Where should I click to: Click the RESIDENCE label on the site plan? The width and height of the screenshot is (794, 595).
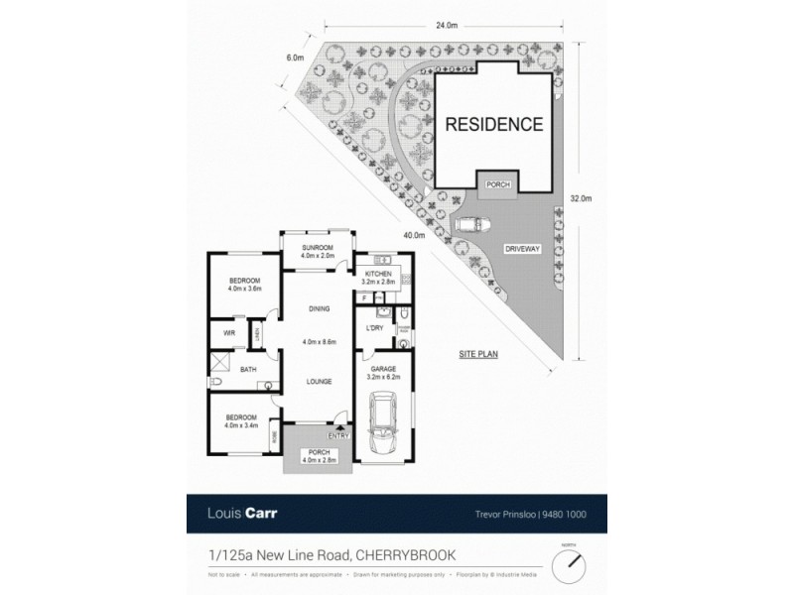tap(493, 125)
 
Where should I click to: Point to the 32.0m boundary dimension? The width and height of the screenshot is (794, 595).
tap(582, 198)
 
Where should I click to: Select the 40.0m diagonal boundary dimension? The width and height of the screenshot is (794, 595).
tap(414, 235)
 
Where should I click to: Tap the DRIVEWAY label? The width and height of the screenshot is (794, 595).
tap(522, 249)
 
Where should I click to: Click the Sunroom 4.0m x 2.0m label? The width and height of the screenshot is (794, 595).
tap(317, 250)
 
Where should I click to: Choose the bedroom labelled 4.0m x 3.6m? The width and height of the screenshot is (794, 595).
tap(243, 285)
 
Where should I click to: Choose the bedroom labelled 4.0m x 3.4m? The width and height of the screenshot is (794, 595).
tap(242, 421)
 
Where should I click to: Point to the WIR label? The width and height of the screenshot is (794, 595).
tap(228, 332)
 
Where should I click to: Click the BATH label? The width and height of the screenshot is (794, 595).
tap(248, 370)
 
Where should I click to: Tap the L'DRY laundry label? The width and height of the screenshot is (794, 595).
tap(375, 327)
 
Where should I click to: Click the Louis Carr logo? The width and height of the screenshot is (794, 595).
tap(236, 513)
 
